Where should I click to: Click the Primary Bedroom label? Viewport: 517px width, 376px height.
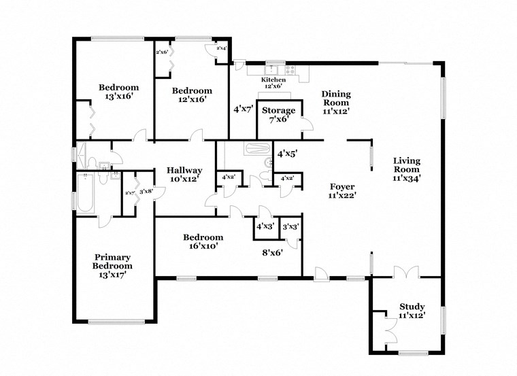tap(113, 266)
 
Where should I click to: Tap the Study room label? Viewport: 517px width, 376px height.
tap(412, 310)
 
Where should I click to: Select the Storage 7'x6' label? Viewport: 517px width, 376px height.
tap(279, 114)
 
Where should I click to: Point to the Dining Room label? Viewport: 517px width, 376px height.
tap(335, 103)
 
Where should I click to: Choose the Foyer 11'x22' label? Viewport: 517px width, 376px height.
tap(343, 190)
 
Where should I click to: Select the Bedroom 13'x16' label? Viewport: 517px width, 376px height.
tap(119, 92)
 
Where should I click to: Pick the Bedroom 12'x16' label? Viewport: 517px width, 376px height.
tap(191, 95)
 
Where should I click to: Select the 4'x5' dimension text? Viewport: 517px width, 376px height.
tap(287, 154)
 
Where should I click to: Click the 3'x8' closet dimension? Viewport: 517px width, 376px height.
tap(146, 192)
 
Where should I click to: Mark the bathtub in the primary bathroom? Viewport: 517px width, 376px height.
tap(85, 194)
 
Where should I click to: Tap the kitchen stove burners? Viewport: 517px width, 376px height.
tap(291, 69)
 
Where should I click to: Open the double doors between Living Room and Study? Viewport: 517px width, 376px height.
tap(405, 273)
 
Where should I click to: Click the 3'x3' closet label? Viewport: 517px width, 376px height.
tap(290, 226)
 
